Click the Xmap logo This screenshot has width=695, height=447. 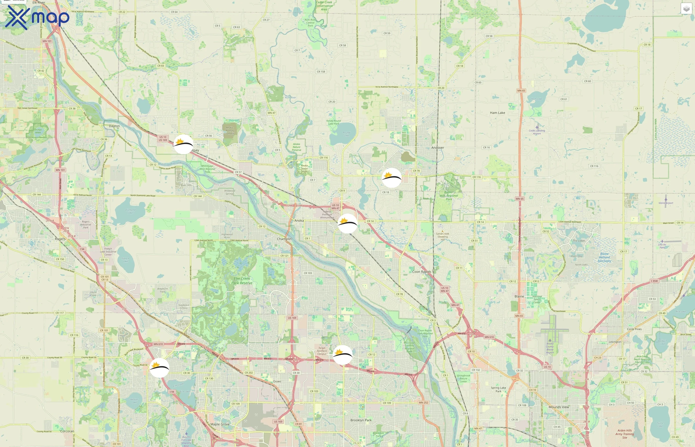[37, 17]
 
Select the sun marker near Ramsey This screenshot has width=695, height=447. [183, 144]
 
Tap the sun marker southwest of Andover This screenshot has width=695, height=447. [392, 177]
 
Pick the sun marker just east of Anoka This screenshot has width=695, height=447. [347, 223]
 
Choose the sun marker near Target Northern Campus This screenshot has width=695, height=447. [343, 355]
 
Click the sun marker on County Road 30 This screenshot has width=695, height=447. [159, 368]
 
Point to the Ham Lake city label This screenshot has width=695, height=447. [497, 113]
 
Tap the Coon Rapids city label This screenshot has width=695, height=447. [421, 272]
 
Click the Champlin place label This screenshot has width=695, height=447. [284, 239]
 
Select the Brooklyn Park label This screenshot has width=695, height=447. [361, 420]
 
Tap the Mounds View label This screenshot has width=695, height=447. [558, 407]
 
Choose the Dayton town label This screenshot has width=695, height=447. [114, 126]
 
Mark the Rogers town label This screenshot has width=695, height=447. [60, 239]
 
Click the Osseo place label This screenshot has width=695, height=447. [277, 381]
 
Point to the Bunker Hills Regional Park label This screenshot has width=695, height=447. [449, 196]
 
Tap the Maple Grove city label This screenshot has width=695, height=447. [220, 424]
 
